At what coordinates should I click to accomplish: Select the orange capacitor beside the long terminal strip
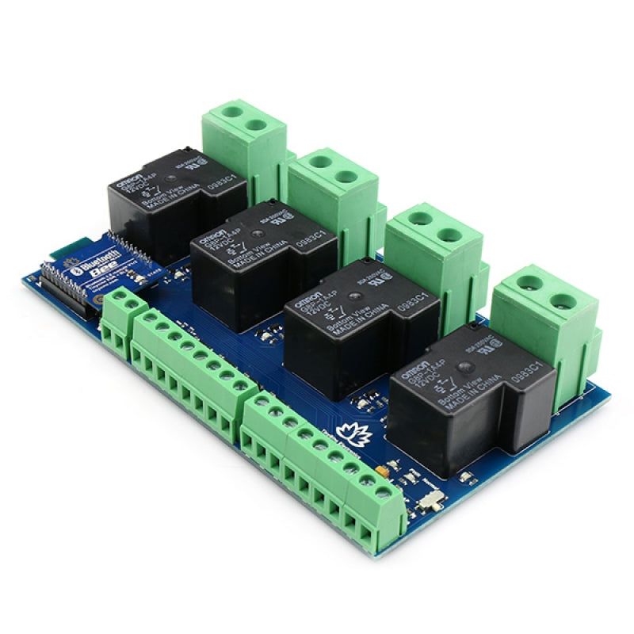384,471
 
